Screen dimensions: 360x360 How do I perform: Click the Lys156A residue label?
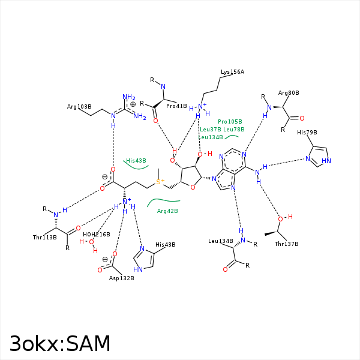(232, 72)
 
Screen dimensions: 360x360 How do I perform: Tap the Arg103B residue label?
(79, 107)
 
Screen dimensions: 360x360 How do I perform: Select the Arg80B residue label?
(289, 93)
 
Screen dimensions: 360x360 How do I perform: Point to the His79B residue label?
(307, 132)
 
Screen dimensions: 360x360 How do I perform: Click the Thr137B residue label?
(287, 244)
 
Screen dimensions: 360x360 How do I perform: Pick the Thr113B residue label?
(44, 238)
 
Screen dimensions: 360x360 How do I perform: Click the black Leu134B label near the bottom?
(220, 241)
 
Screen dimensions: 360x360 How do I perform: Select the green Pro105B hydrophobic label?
(230, 121)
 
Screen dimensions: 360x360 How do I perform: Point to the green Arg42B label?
(167, 211)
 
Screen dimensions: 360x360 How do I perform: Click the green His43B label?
(136, 161)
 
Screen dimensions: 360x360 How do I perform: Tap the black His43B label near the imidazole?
(165, 245)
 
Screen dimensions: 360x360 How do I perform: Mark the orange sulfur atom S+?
(160, 181)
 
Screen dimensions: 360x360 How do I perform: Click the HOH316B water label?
(97, 234)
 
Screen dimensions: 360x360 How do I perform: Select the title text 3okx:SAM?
(60, 343)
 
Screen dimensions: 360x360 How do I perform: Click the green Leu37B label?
(211, 129)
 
